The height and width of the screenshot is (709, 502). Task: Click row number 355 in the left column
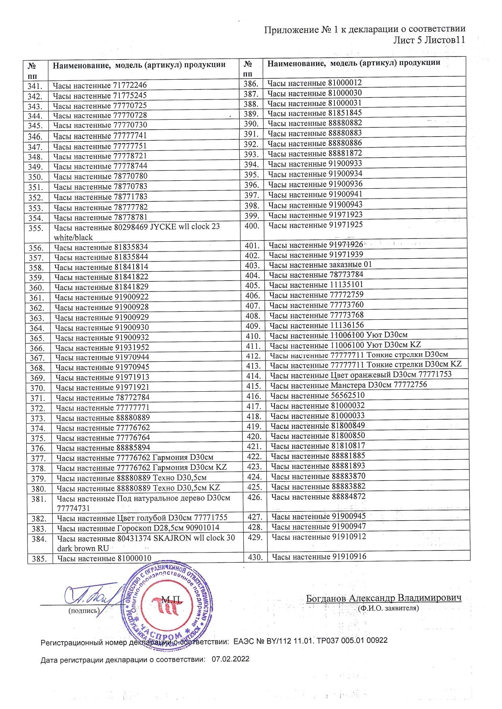(x=36, y=228)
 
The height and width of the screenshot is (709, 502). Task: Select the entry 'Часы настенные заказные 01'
(x=320, y=265)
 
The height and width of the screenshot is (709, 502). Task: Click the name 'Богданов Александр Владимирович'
(x=383, y=598)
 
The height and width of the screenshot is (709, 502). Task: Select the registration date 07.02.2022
(x=230, y=659)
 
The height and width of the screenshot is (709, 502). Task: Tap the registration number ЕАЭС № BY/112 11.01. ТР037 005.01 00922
(x=311, y=640)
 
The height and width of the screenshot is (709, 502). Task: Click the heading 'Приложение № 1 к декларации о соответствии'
(x=364, y=29)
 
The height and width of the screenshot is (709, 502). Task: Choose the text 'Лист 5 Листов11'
(x=429, y=40)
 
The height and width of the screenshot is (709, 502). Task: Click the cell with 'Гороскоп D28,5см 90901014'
(x=138, y=528)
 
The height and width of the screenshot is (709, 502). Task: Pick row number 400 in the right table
(x=252, y=226)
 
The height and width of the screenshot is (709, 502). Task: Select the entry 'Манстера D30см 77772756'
(x=349, y=385)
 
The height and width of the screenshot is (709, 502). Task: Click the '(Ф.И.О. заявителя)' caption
(x=388, y=608)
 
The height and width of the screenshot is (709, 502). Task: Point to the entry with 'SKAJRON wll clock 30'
(x=146, y=538)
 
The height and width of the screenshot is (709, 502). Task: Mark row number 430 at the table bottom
(x=255, y=557)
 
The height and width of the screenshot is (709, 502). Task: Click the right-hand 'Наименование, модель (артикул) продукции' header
(x=353, y=63)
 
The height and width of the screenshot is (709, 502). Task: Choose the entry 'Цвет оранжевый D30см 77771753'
(x=361, y=375)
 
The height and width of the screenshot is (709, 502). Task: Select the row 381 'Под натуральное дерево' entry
(x=143, y=498)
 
